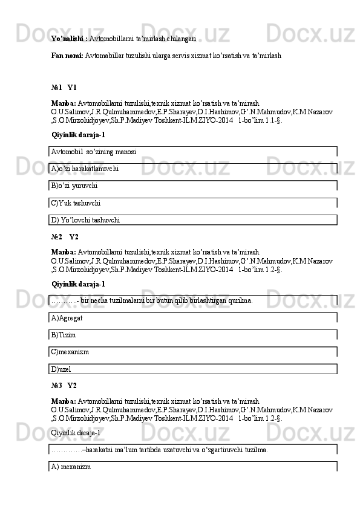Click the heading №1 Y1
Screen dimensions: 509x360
pyautogui.click(x=64, y=88)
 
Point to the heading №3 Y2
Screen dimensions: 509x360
pyautogui.click(x=64, y=385)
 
